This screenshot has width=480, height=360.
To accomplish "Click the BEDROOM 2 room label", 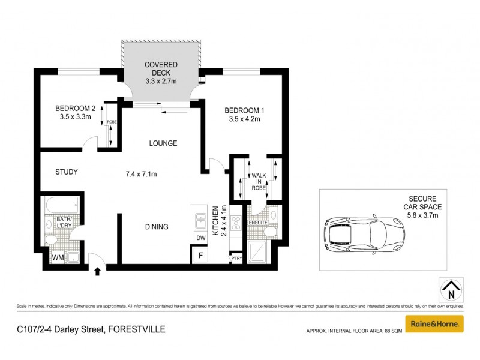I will (x=76, y=109).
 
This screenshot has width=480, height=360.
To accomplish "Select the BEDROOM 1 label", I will (x=244, y=110).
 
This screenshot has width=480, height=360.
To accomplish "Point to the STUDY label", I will (x=67, y=172).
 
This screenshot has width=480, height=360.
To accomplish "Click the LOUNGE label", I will (x=163, y=143).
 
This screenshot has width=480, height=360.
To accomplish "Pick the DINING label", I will (x=156, y=227).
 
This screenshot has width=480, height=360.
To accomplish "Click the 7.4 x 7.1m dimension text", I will (x=141, y=175).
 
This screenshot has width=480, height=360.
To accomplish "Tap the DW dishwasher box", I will (x=199, y=238).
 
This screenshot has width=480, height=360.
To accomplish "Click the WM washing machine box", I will (x=58, y=258).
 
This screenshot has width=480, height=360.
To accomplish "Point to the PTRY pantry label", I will (x=236, y=259).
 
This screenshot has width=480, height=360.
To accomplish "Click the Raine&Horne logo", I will (x=434, y=323).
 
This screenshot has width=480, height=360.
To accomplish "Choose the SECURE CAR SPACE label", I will (x=427, y=203).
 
